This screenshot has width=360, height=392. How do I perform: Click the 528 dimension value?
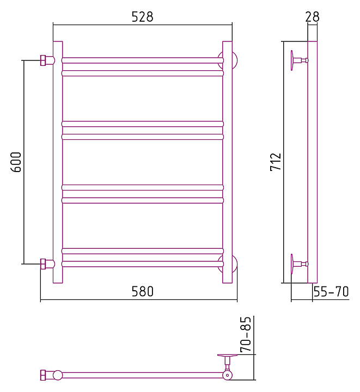(x=142, y=17)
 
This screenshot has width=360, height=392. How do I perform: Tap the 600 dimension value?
(x=16, y=162)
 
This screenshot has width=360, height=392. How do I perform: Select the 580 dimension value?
(x=143, y=292)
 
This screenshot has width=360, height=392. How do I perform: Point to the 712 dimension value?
(x=276, y=162)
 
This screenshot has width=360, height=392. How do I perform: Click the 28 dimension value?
(x=312, y=17)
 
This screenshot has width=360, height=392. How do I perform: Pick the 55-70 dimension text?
(x=331, y=292)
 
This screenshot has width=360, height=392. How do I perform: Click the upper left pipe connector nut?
(x=44, y=60)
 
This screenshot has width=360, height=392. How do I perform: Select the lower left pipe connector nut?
(x=44, y=264)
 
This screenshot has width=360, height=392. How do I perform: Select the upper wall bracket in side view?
(x=297, y=60)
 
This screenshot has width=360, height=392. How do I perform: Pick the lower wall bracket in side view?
(x=297, y=264)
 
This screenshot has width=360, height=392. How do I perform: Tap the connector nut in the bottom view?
(x=44, y=375)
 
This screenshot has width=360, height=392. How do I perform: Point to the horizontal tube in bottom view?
(x=142, y=375)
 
